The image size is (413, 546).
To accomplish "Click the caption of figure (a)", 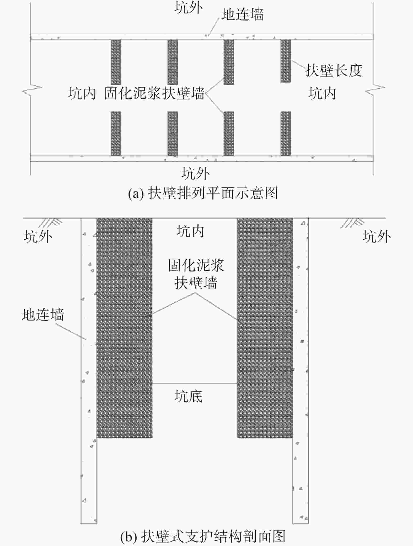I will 203,193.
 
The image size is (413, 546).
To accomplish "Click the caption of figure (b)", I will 203,536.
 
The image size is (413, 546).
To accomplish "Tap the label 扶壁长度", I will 334,70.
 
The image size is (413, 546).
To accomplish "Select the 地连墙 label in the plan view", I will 243,14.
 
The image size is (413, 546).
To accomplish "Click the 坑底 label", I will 188,396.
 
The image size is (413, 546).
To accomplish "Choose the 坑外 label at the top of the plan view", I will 189,7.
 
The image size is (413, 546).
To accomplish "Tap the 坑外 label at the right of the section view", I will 377,236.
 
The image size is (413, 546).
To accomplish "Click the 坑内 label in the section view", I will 190,232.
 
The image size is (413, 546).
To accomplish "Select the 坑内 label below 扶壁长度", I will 322,93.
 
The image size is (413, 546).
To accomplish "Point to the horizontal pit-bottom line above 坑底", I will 195,384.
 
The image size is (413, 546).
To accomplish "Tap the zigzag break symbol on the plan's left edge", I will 32,90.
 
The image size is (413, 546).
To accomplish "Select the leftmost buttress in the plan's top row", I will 116,62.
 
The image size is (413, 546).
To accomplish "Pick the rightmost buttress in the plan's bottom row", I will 286,133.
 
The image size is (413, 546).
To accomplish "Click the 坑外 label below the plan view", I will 195,174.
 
